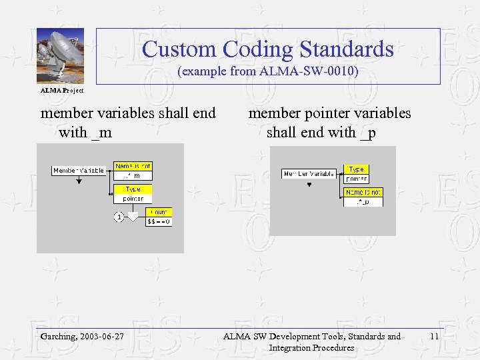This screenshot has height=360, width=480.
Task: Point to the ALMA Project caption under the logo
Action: pos(62,90)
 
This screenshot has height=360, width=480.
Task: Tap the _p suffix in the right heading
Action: pos(367,133)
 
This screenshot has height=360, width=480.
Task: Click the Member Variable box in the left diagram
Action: pos(79,171)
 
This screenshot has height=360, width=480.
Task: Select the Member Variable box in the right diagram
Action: pos(309,174)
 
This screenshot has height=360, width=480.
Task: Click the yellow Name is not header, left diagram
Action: pos(133,166)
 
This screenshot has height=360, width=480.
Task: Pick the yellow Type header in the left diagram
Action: pos(133,189)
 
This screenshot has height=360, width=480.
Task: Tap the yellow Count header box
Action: pos(159,211)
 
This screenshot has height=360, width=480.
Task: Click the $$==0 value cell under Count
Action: pos(159,221)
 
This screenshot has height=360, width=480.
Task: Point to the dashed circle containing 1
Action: pos(118,217)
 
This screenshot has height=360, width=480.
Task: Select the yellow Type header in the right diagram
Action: pos(356,169)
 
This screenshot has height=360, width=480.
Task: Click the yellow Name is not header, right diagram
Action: pos(363,192)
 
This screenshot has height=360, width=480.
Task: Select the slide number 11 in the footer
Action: pos(434,337)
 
